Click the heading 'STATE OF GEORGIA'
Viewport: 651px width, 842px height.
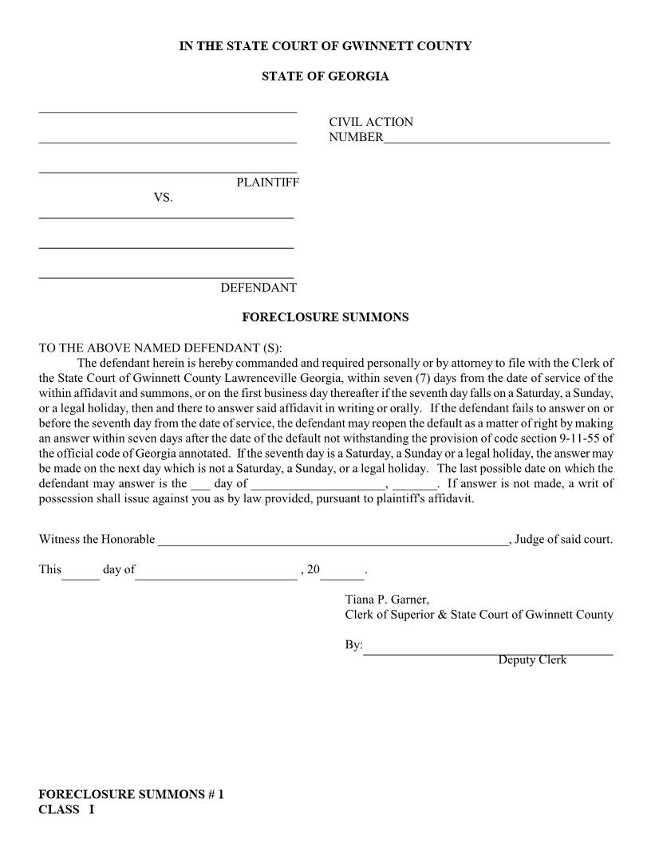pyautogui.click(x=325, y=77)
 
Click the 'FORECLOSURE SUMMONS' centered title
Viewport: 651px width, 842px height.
pyautogui.click(x=325, y=317)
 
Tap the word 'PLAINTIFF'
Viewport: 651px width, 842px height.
pyautogui.click(x=267, y=183)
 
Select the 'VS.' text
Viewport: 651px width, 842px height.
pyautogui.click(x=163, y=198)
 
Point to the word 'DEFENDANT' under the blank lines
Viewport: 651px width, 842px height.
pyautogui.click(x=258, y=288)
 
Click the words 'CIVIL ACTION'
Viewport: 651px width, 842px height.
pyautogui.click(x=371, y=122)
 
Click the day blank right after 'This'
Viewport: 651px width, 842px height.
pyautogui.click(x=81, y=572)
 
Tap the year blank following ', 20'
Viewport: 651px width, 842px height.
pyautogui.click(x=342, y=572)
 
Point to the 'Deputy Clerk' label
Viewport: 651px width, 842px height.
pyautogui.click(x=532, y=660)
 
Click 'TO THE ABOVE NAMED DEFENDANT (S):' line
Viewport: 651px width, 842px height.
pyautogui.click(x=160, y=348)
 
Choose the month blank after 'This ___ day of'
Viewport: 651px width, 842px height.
pyautogui.click(x=215, y=572)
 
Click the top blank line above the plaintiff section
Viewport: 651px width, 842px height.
pyautogui.click(x=168, y=111)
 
